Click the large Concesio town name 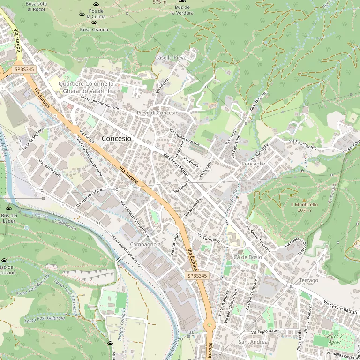pyautogui.click(x=116, y=139)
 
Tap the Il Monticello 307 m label pyautogui.click(x=304, y=207)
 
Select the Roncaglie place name pyautogui.click(x=253, y=164)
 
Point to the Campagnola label pyautogui.click(x=145, y=244)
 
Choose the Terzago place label pyautogui.click(x=308, y=280)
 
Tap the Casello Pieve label pyautogui.click(x=171, y=58)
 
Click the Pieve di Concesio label pyautogui.click(x=157, y=112)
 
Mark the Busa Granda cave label pyautogui.click(x=94, y=30)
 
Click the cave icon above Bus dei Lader pyautogui.click(x=8, y=208)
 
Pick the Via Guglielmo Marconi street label pyautogui.click(x=100, y=103)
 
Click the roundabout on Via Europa pyautogui.click(x=209, y=324)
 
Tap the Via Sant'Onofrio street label pyautogui.click(x=303, y=144)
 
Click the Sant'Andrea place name pyautogui.click(x=253, y=342)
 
